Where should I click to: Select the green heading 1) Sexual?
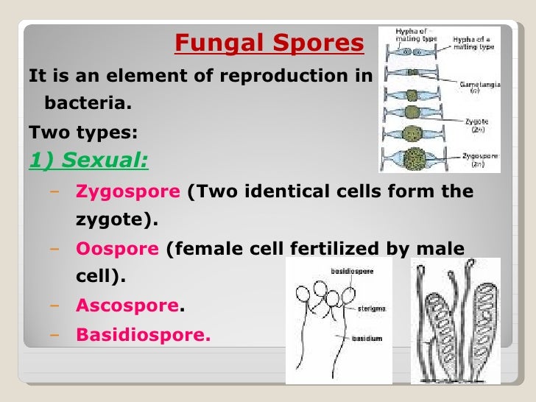[88, 161]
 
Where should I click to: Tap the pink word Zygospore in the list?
[128, 192]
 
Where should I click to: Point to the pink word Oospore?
[118, 250]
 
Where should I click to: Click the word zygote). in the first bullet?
[117, 220]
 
